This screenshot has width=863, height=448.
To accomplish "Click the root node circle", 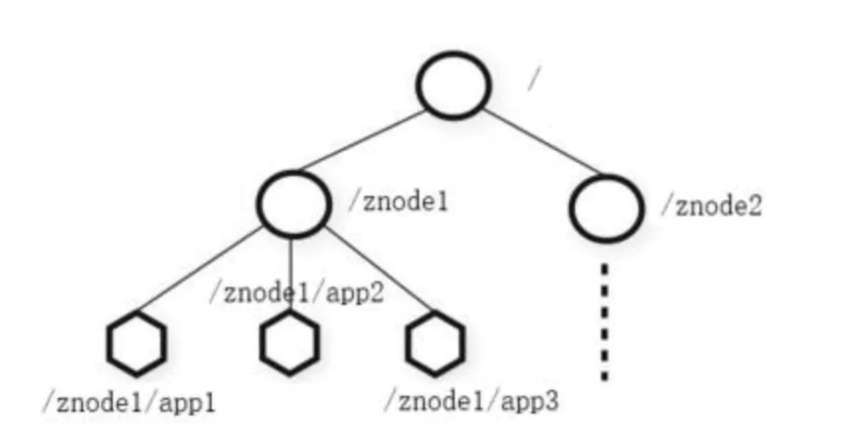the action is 454,85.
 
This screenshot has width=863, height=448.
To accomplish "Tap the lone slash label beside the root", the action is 534,79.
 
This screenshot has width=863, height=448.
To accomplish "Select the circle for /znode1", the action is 294,204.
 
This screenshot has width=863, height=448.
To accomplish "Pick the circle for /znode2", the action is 606,208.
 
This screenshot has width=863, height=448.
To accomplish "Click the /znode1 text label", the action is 399,202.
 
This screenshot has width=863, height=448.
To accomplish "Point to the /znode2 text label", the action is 712,206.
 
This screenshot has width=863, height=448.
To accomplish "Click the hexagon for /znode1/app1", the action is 137,343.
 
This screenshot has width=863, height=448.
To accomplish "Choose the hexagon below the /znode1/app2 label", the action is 289,343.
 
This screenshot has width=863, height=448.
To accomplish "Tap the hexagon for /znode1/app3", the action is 435,343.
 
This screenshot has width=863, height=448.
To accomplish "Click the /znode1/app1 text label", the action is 129,403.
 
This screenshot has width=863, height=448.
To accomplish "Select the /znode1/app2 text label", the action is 296,293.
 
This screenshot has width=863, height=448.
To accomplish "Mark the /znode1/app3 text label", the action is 471,401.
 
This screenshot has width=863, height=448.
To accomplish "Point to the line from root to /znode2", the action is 542,141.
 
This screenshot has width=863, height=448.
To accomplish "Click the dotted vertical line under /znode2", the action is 605,322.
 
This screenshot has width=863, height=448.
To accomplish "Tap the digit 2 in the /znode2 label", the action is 754,206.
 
